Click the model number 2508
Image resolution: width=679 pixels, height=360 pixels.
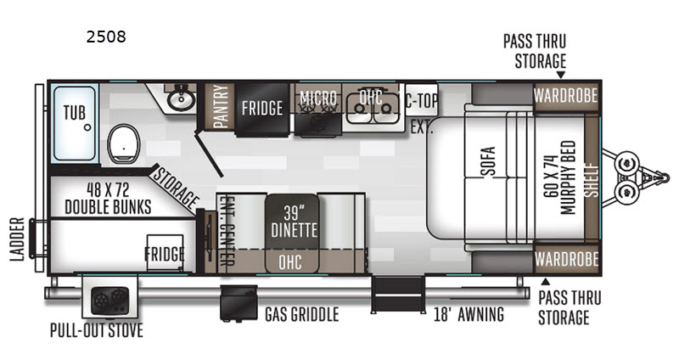[x=106, y=37]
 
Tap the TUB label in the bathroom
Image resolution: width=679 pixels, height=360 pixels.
[x=74, y=113]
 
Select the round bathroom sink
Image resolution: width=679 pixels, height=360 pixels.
[x=180, y=100]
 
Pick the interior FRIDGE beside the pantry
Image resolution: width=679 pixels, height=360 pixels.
[x=262, y=109]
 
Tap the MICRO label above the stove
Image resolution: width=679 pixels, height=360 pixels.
[x=318, y=97]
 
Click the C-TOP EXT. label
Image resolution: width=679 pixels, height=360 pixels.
[x=422, y=111]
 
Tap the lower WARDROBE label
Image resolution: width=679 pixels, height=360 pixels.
[x=566, y=257]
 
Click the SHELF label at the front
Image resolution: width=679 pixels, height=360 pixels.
[x=591, y=178]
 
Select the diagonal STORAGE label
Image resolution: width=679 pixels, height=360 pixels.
[x=175, y=188]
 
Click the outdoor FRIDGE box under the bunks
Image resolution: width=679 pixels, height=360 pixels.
[x=166, y=254]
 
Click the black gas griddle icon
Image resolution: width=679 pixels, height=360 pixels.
[x=238, y=304]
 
